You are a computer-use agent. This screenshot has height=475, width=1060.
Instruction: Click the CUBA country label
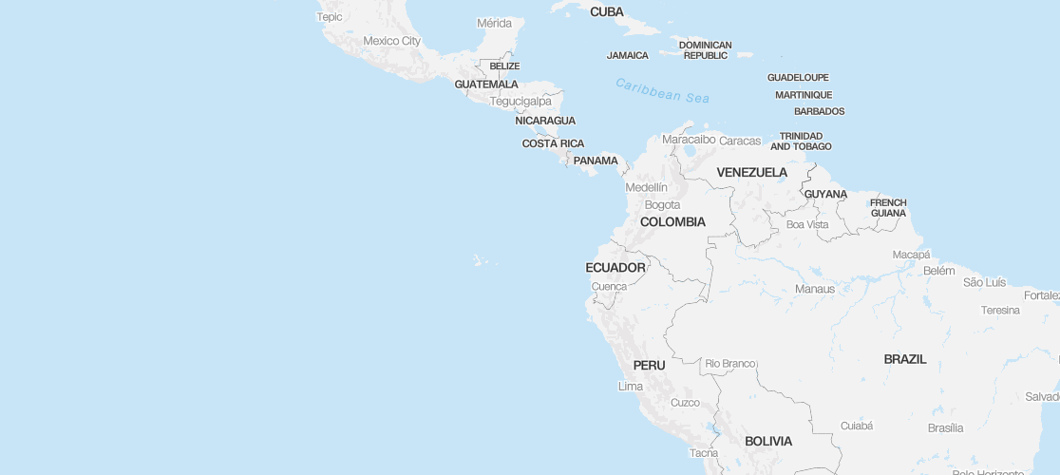[x=607, y=12]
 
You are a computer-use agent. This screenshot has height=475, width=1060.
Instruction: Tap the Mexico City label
[x=391, y=41]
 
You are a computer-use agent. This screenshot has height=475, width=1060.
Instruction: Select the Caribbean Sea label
[x=662, y=90]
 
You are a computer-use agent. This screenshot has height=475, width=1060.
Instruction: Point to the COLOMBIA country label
[x=672, y=221]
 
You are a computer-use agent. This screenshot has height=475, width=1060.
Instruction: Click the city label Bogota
[x=662, y=204]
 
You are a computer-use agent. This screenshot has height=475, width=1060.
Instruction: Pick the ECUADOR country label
[x=615, y=268]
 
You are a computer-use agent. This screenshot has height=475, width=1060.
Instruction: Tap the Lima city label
[x=630, y=386]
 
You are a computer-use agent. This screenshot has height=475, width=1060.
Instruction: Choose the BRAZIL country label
[x=904, y=359]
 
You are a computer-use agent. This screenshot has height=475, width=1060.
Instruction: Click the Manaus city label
[x=815, y=289]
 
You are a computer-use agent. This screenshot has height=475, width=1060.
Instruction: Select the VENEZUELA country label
[x=751, y=172]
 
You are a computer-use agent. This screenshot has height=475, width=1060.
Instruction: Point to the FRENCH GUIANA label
[x=888, y=207]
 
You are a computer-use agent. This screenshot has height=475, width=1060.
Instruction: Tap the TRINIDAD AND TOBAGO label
[x=800, y=141]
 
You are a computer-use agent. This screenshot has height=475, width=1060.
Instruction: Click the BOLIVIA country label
[x=768, y=441]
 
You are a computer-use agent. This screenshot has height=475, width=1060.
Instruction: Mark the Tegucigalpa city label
[x=521, y=101]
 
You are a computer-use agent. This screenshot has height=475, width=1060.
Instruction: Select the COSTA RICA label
[x=553, y=143]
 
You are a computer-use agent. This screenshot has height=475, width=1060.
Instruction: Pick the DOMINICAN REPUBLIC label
[x=705, y=49]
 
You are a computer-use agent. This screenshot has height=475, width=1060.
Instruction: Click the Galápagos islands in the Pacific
[x=482, y=258]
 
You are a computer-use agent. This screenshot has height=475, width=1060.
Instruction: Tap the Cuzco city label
[x=685, y=402]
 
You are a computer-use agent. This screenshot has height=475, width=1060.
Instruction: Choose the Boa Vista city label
[x=807, y=224]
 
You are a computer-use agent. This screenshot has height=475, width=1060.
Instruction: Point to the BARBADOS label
[x=819, y=111]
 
